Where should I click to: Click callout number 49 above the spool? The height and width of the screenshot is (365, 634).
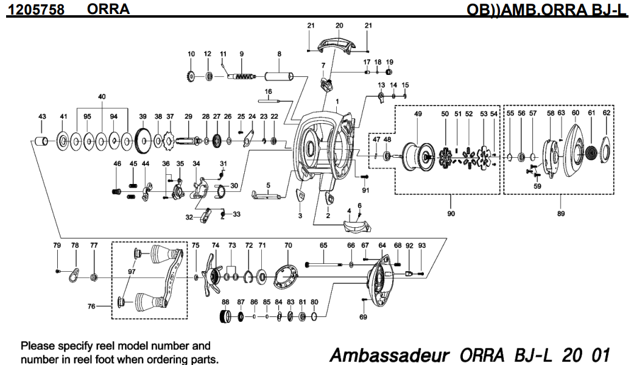pos(418,114)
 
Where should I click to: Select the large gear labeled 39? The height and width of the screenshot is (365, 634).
pos(143,142)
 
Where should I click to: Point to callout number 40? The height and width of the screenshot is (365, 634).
pos(102,96)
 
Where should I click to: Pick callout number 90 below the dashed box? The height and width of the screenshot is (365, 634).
pos(450,214)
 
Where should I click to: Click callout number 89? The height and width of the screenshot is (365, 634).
pos(560,214)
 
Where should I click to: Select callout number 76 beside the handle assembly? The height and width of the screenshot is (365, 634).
pos(92,307)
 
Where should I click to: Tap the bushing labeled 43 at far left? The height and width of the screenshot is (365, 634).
pos(41,142)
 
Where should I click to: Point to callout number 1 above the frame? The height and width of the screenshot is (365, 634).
pos(336,101)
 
